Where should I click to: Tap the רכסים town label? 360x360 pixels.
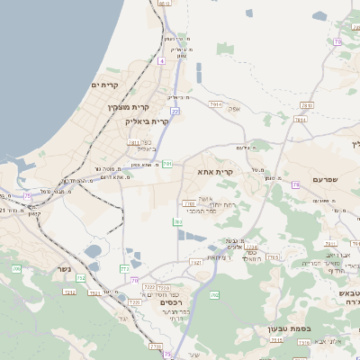[171, 302]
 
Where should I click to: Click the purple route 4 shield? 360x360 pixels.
[161, 60]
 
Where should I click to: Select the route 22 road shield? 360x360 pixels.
[175, 110]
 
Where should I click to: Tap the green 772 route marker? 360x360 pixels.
[124, 268]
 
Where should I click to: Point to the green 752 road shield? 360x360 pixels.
[81, 278]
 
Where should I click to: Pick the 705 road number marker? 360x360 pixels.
[273, 257]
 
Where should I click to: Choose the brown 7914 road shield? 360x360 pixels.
[215, 104]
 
